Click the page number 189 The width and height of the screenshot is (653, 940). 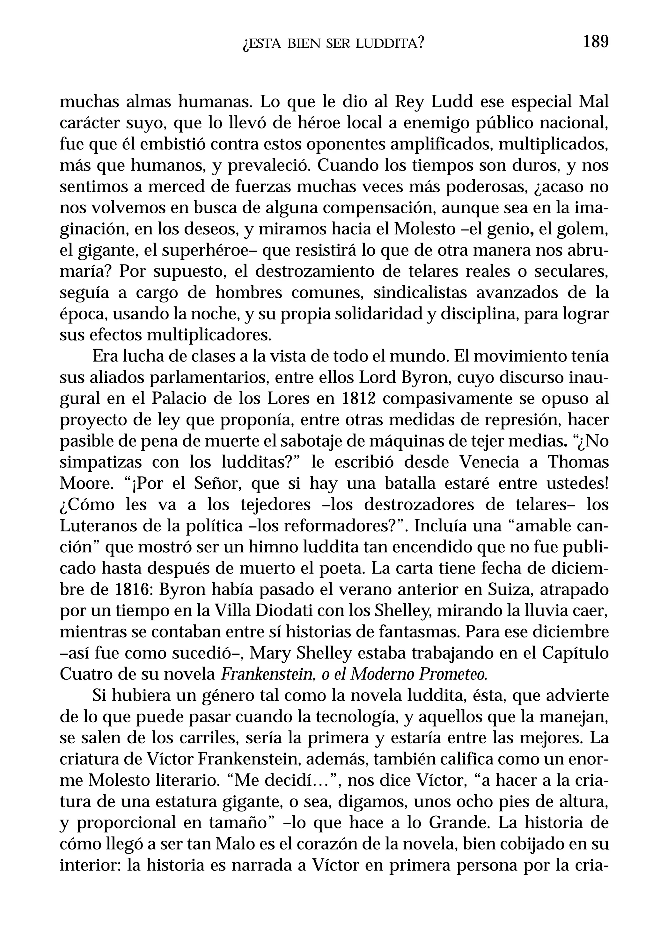click(596, 42)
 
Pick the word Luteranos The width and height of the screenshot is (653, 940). click(97, 526)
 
